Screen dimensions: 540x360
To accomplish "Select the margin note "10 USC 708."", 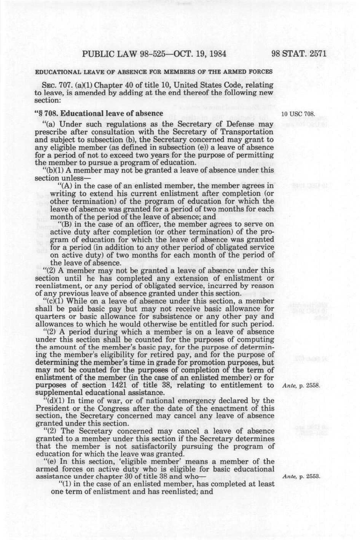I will (298, 114).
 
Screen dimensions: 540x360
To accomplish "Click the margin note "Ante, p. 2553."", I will (301, 477).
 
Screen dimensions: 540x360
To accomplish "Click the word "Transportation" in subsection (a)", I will (250, 132).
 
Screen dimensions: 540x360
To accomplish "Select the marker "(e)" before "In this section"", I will (49, 461).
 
